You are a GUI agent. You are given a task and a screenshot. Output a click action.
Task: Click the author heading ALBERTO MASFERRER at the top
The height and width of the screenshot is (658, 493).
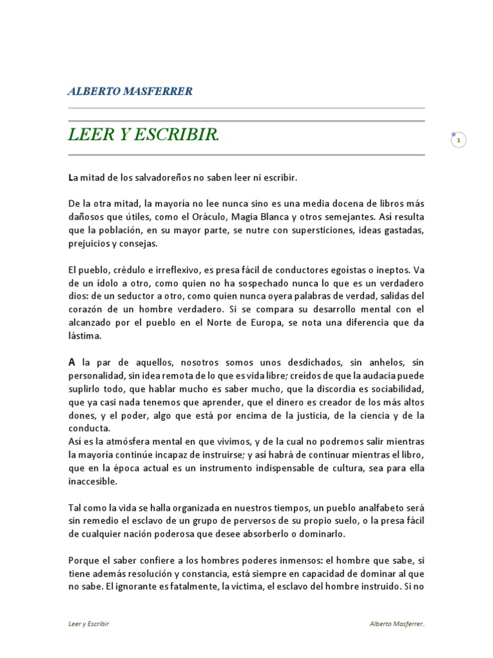coord(130,91)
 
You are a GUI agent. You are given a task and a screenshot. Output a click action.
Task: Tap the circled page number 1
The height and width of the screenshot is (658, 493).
coord(458,139)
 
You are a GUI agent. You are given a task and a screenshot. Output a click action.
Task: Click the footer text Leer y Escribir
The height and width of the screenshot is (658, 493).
coord(89,624)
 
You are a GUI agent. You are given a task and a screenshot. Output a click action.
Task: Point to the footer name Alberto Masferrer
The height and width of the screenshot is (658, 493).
coord(397,624)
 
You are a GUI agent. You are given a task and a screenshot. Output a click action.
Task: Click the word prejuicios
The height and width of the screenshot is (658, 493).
coord(92,244)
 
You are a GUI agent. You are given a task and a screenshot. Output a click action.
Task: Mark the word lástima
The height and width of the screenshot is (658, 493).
coord(85,337)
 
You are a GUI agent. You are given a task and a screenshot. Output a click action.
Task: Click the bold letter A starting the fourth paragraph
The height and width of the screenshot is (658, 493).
coord(72,362)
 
